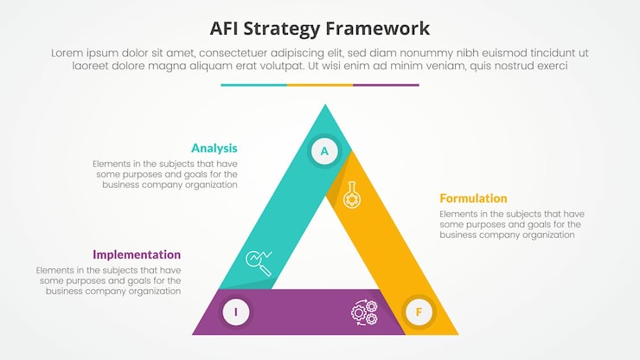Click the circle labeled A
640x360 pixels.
(324, 151)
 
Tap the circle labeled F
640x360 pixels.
(419, 312)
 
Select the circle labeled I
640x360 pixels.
(236, 312)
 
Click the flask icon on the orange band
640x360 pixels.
(352, 195)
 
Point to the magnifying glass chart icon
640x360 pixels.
(259, 263)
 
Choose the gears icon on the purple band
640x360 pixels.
(364, 312)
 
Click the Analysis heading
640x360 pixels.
(214, 148)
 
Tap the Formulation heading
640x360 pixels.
(473, 198)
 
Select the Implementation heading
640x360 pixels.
(137, 254)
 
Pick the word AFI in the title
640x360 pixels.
(224, 29)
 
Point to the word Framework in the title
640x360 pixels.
(378, 29)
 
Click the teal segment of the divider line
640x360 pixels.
(254, 85)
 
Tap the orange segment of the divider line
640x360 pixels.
(320, 85)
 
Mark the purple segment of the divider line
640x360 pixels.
(386, 85)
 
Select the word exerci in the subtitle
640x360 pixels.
(549, 66)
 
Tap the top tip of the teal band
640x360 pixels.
(325, 105)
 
